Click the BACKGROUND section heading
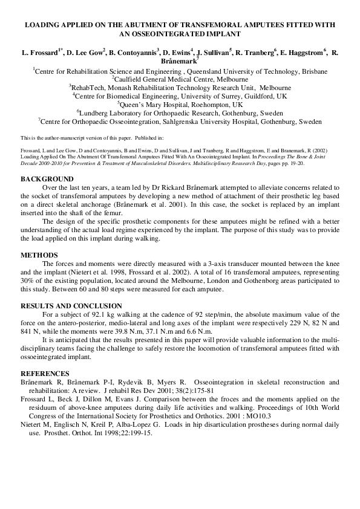pyautogui.click(x=47, y=179)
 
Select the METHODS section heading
pyautogui.click(x=39, y=254)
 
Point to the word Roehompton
pyautogui.click(x=209, y=104)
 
